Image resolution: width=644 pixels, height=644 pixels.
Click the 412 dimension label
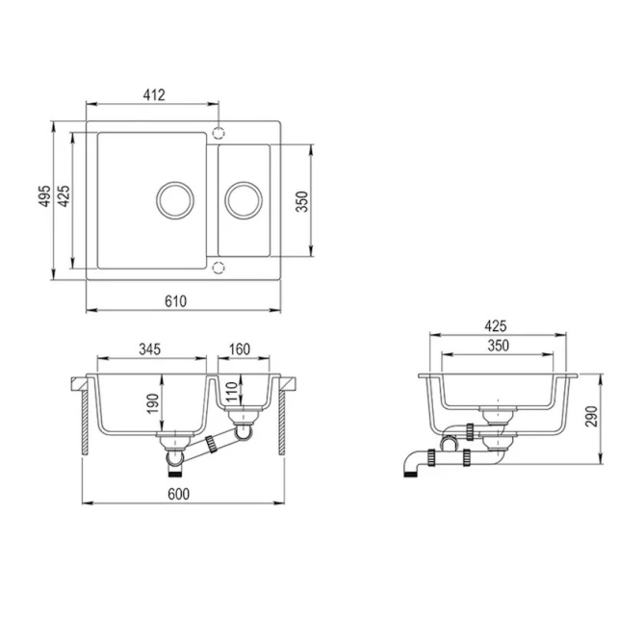(x=154, y=95)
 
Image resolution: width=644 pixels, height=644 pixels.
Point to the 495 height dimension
(x=45, y=196)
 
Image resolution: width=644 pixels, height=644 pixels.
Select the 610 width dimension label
(x=175, y=301)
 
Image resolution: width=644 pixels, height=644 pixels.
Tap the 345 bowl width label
(x=149, y=349)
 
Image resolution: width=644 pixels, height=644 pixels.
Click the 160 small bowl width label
(x=240, y=349)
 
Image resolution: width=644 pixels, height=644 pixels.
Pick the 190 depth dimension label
(x=152, y=403)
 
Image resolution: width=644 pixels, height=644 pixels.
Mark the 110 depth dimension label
(x=232, y=392)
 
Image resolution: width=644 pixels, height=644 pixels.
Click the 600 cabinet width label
(x=179, y=494)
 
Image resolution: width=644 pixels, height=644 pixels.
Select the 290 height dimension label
(x=592, y=416)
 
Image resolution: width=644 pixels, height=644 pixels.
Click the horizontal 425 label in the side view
(x=496, y=326)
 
